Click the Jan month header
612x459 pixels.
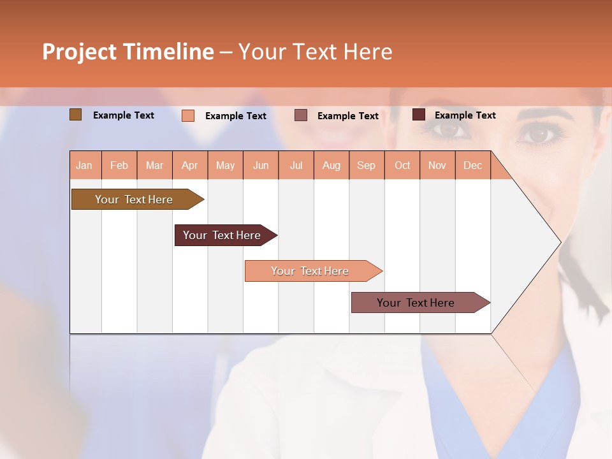(x=84, y=166)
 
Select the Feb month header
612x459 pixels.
(x=119, y=166)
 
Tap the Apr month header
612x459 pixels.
(x=190, y=166)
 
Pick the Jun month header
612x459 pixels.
(x=261, y=166)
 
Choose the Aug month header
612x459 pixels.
(x=331, y=166)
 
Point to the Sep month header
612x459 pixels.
(x=367, y=166)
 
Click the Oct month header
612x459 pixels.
(x=402, y=166)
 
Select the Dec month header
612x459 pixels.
(x=473, y=166)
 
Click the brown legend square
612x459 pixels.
(x=76, y=115)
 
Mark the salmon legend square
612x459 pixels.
(x=188, y=115)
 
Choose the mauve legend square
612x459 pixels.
(x=301, y=115)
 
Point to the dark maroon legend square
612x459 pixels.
(x=418, y=115)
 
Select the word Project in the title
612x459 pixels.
(x=79, y=52)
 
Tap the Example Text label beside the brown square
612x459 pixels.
(x=124, y=115)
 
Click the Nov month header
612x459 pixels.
(x=437, y=166)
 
